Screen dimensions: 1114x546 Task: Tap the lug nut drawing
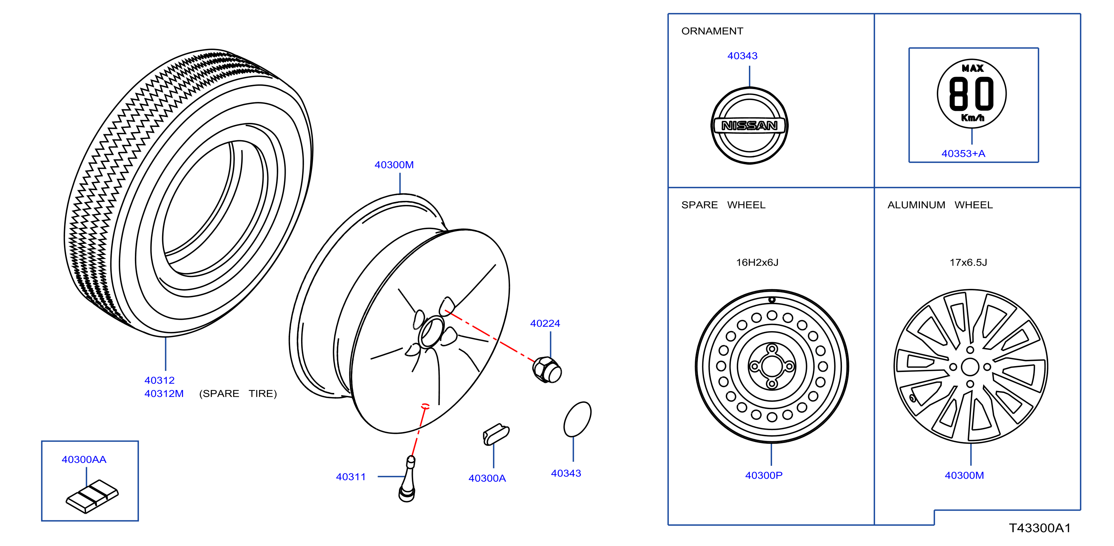(x=547, y=370)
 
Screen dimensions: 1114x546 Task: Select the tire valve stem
(x=407, y=479)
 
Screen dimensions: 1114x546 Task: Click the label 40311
(x=351, y=477)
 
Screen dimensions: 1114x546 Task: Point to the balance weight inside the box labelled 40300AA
(x=92, y=496)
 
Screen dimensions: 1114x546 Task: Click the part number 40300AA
(x=84, y=460)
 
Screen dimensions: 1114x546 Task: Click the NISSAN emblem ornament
(x=749, y=125)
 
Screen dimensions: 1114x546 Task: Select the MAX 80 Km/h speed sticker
(x=971, y=93)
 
